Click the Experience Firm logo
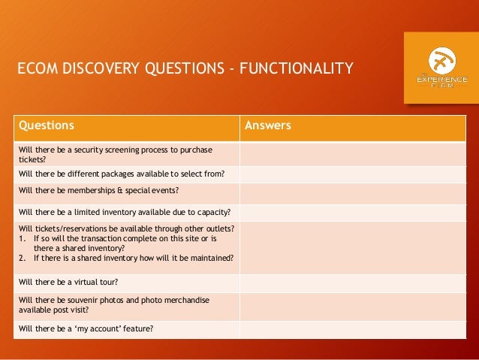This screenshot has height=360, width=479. [441, 67]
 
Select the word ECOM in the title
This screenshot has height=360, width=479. [35, 70]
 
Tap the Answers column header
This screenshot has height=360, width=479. [268, 126]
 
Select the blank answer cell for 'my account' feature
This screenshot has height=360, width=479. [352, 328]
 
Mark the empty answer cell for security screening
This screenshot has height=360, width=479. [352, 154]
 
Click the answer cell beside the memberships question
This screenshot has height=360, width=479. [352, 192]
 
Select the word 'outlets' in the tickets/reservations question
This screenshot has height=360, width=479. [218, 228]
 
